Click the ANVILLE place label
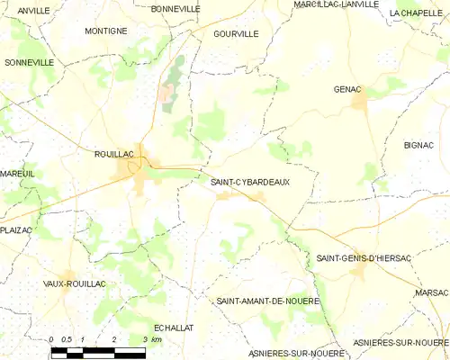click(x=33, y=10)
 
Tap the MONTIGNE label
click(x=105, y=31)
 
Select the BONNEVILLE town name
click(x=175, y=9)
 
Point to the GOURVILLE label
click(x=237, y=33)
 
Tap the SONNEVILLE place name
click(x=29, y=63)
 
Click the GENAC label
click(x=346, y=89)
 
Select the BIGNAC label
click(x=418, y=144)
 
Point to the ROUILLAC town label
click(x=113, y=154)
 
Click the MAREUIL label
click(x=17, y=173)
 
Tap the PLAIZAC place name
click(x=16, y=230)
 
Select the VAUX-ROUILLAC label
click(x=75, y=283)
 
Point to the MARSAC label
click(x=432, y=293)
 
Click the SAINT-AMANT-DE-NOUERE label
click(x=268, y=301)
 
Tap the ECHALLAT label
click(x=175, y=328)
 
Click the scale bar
click(x=97, y=350)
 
